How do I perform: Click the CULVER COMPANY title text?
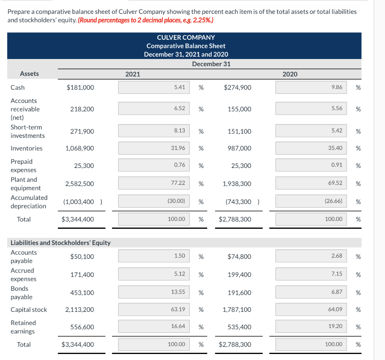186,38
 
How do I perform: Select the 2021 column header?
132,74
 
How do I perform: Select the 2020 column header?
290,74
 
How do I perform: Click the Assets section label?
29,74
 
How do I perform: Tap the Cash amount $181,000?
80,88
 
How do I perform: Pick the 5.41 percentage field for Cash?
154,87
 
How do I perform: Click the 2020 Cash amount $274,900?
237,88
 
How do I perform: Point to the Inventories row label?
26,148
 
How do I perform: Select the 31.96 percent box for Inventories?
154,148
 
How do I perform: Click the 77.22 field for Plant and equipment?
154,183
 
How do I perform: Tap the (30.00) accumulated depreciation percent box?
154,201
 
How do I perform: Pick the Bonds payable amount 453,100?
82,293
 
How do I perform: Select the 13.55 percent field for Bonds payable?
154,292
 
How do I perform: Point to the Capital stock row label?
29,310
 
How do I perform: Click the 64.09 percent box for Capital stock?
311,310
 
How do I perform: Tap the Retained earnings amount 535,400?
239,327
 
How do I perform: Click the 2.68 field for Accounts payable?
311,256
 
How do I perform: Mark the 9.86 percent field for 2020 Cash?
311,87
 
